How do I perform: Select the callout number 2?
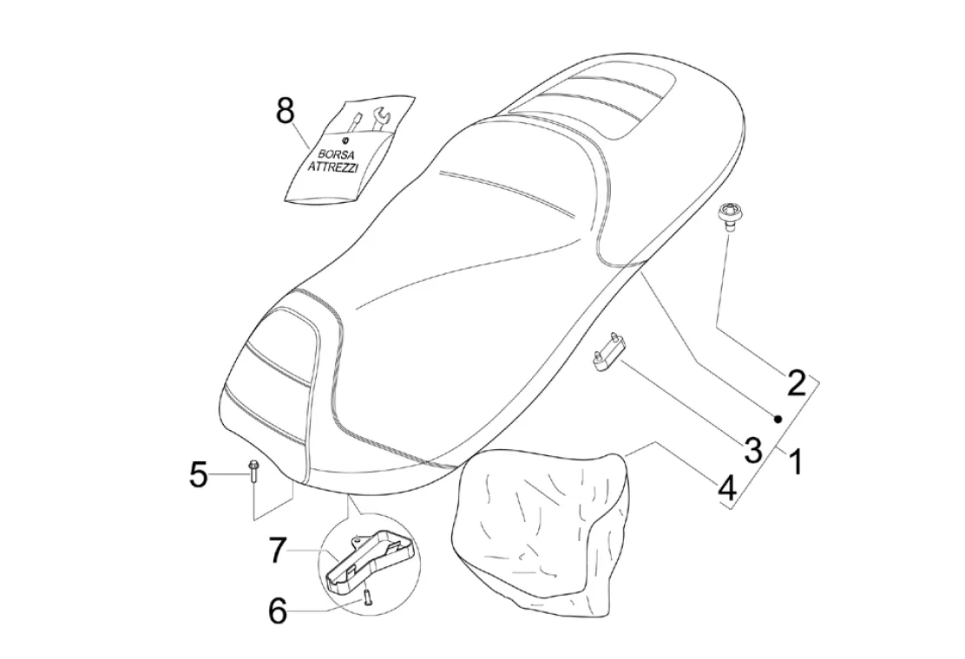click(797, 382)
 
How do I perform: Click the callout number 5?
click(200, 474)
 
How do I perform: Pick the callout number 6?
click(277, 611)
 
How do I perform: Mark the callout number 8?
click(286, 112)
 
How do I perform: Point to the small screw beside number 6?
click(367, 597)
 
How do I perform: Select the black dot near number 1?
click(778, 419)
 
